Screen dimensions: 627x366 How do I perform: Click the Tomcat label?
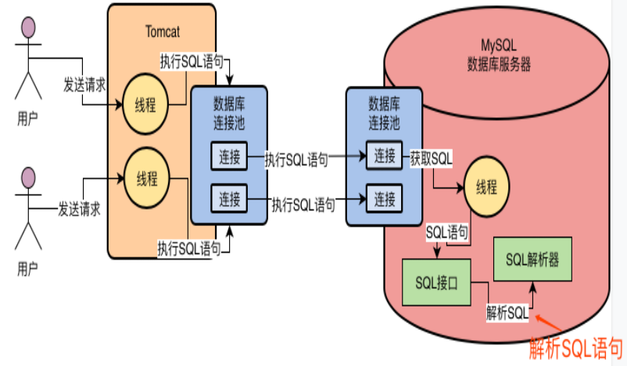pyautogui.click(x=163, y=31)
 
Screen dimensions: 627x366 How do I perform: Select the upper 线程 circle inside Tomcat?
pyautogui.click(x=145, y=104)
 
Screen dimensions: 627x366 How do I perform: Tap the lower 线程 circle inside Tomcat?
pyautogui.click(x=147, y=178)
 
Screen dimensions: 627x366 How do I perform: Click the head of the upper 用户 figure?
pyautogui.click(x=28, y=27)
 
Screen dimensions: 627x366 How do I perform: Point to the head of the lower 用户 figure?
pyautogui.click(x=28, y=178)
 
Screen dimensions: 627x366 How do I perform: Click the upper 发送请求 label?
pyautogui.click(x=84, y=84)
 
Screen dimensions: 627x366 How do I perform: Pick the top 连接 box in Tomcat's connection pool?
pyautogui.click(x=229, y=156)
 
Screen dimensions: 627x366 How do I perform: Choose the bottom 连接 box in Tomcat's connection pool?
pyautogui.click(x=229, y=199)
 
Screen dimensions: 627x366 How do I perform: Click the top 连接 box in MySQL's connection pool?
pyautogui.click(x=385, y=155)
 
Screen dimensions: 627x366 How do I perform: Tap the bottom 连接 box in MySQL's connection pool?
pyautogui.click(x=385, y=199)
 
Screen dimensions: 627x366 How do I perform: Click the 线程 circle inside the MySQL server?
pyautogui.click(x=486, y=187)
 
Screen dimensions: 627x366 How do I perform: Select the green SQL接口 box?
pyautogui.click(x=436, y=283)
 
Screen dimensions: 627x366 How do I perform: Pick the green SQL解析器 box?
pyautogui.click(x=532, y=260)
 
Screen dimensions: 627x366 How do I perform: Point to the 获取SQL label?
pyautogui.click(x=431, y=159)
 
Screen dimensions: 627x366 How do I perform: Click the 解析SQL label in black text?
pyautogui.click(x=507, y=312)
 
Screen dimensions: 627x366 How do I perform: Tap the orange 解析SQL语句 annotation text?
pyautogui.click(x=576, y=348)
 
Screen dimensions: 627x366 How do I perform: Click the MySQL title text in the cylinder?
pyautogui.click(x=499, y=45)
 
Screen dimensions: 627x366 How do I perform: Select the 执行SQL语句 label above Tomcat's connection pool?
pyautogui.click(x=192, y=62)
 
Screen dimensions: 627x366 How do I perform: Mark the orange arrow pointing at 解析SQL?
pyautogui.click(x=548, y=323)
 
